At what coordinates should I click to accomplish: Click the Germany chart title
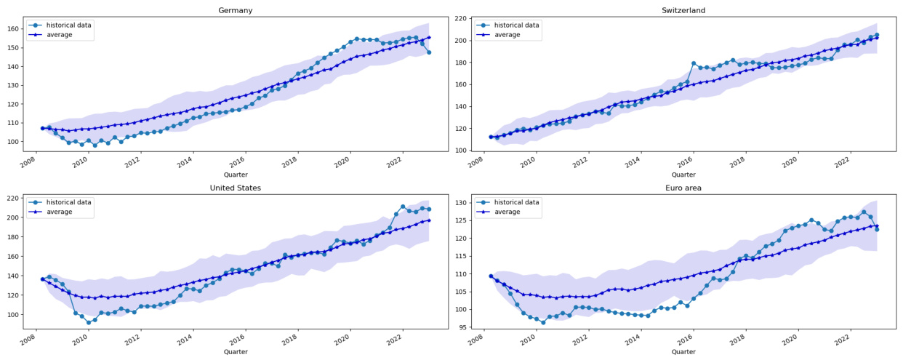pos(236,10)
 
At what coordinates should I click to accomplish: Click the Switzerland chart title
pos(683,10)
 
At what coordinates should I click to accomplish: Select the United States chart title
pos(236,188)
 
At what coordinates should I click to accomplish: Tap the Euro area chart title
pos(683,188)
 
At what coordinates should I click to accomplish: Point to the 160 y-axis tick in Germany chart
pos(13,29)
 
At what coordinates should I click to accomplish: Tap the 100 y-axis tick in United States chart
pos(13,315)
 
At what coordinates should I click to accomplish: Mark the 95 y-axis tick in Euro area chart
pos(463,327)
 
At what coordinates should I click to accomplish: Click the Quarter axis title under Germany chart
pos(236,175)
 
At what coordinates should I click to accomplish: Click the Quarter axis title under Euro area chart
pos(683,352)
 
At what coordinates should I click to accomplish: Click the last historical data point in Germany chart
pos(429,52)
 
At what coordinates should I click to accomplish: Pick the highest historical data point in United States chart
pos(403,207)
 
